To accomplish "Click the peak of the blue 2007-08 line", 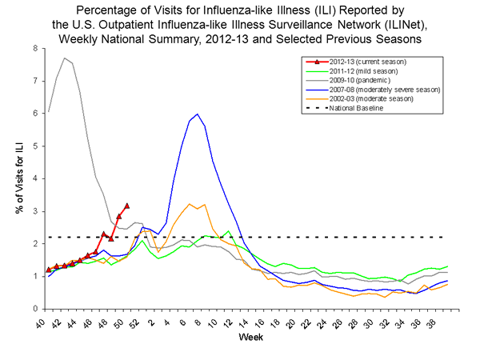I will (x=197, y=114).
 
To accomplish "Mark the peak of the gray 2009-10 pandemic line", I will (x=64, y=58).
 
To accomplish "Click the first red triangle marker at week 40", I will (x=49, y=270).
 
